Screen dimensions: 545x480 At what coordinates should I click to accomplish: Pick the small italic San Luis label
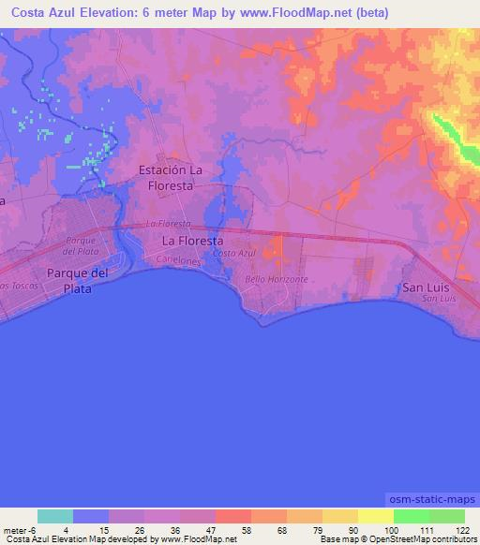(438, 299)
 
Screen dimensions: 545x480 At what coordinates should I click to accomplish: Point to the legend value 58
(232, 531)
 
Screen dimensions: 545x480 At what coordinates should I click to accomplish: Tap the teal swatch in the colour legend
(54, 516)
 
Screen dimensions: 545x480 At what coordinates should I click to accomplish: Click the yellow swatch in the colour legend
(375, 516)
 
